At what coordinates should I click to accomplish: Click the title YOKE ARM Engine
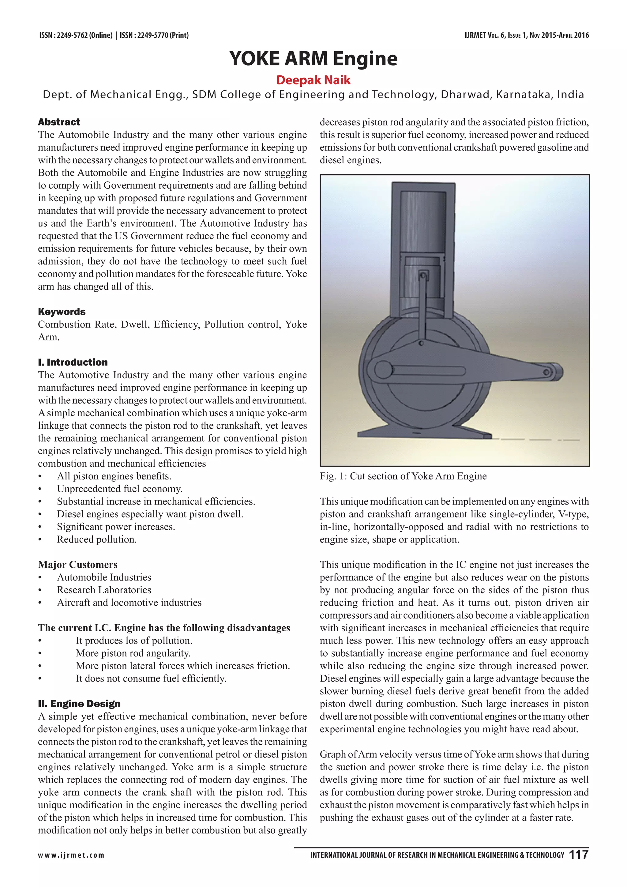click(x=313, y=59)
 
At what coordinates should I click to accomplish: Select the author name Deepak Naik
click(x=313, y=80)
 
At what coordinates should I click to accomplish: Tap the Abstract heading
click(x=59, y=122)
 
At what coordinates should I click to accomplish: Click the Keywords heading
click(x=62, y=312)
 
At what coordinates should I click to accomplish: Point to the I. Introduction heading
click(x=73, y=362)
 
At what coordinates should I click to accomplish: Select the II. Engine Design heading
click(x=79, y=704)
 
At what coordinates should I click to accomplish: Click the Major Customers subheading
click(x=77, y=565)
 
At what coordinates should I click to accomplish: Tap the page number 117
click(x=579, y=855)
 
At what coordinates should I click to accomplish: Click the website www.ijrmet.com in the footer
click(x=71, y=855)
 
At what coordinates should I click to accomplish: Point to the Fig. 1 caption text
click(x=403, y=476)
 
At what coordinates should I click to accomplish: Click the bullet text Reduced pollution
click(x=97, y=540)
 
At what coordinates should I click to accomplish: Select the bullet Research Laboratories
click(x=104, y=590)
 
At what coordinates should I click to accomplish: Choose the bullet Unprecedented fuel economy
click(x=120, y=489)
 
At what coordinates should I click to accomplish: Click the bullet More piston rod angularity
click(x=133, y=653)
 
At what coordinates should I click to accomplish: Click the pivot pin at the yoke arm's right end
click(x=547, y=372)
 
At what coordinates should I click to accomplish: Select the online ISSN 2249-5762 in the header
click(x=76, y=36)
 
